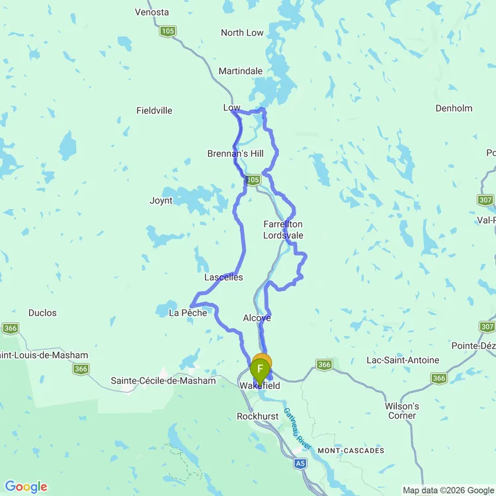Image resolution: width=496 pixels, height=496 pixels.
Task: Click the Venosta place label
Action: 151,12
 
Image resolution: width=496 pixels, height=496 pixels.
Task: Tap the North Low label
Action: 242,32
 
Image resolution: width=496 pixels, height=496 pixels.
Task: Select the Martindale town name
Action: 241,71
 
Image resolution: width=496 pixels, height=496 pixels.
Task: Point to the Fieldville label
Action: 154,110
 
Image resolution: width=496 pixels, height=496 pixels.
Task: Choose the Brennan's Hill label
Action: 235,153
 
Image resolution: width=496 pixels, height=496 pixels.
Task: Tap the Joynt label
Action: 161,200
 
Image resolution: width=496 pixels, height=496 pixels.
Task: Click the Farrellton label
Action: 283,224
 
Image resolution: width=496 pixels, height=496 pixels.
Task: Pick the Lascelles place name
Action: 224,277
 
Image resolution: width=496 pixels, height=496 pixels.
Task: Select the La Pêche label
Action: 188,312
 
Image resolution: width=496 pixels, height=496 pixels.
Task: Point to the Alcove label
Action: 257,318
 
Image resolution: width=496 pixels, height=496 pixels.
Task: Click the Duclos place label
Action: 42,313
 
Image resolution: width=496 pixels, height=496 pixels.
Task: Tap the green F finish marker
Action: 260,369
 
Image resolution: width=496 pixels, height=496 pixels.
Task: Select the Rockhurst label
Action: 259,417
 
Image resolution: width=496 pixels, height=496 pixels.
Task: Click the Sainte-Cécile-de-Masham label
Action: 163,381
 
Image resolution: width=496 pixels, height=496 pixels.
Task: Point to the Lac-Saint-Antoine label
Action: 403,360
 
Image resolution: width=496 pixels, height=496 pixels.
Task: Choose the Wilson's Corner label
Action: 402,411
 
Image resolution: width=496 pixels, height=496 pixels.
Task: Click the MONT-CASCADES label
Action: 351,450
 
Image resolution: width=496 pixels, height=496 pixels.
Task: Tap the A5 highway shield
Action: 300,465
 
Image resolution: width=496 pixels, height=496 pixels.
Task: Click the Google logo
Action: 26,487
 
